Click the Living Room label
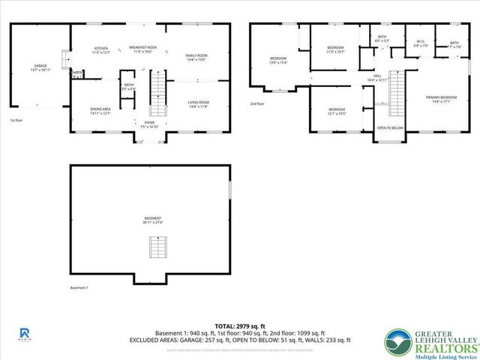[x=198, y=104]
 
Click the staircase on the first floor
[x=158, y=89]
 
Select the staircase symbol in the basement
[x=157, y=246]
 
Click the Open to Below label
[x=391, y=128]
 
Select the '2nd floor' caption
[x=258, y=104]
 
